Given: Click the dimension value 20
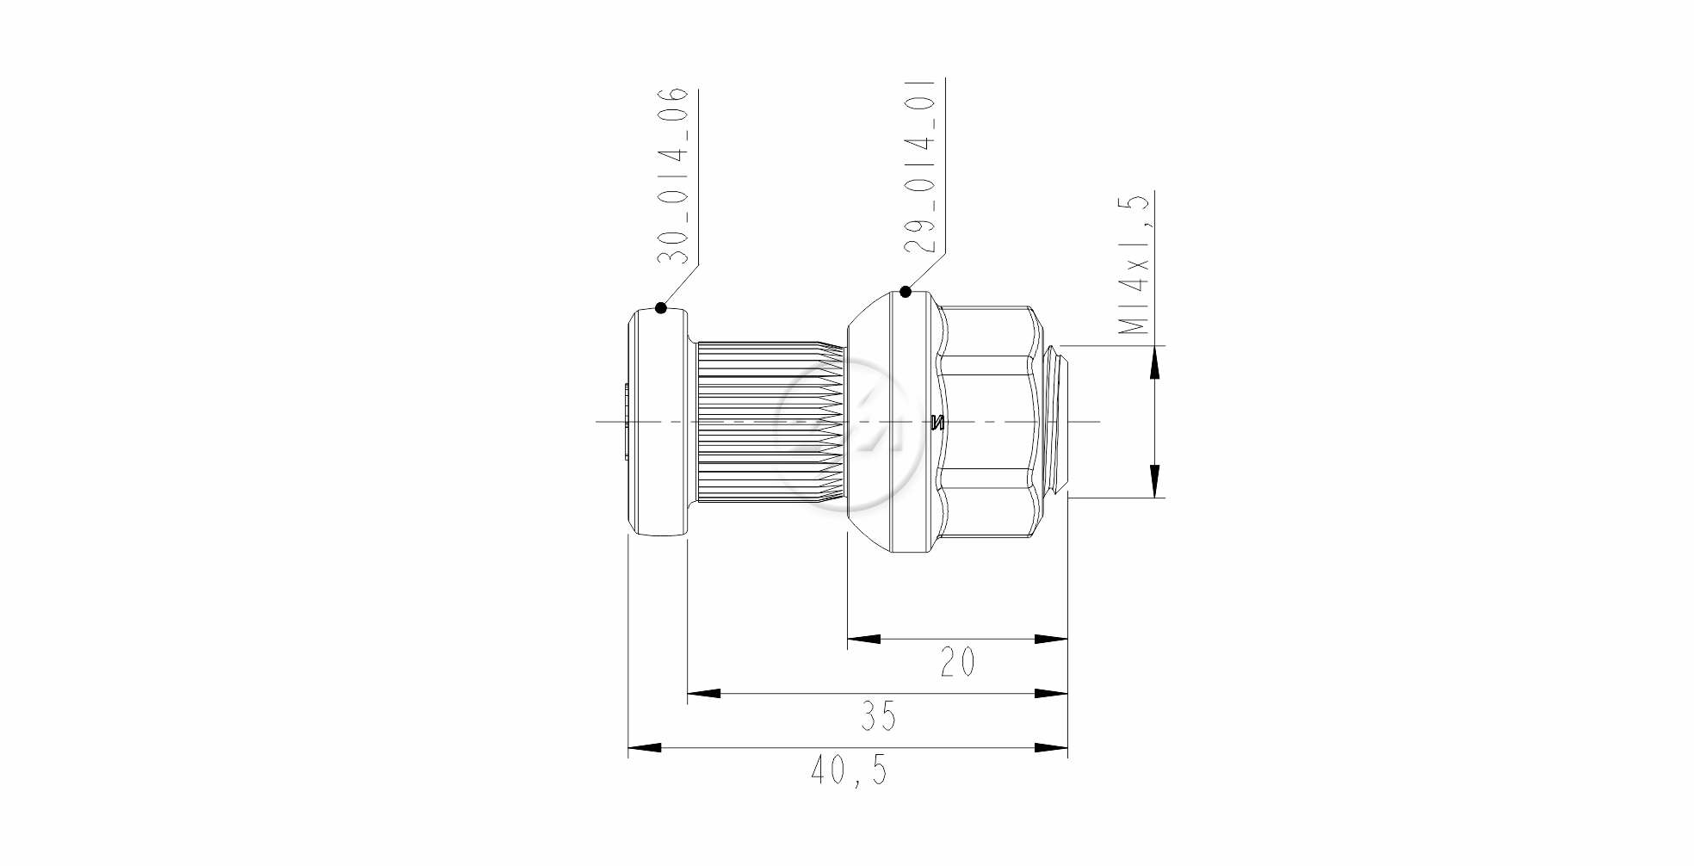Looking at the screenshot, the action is (957, 663).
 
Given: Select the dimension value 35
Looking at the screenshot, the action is (878, 716).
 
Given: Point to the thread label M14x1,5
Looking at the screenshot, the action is (1134, 264).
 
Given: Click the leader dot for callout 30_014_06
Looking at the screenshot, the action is (661, 307).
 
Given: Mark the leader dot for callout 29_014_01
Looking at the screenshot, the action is (906, 292).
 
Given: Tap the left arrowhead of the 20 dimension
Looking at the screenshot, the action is (864, 640).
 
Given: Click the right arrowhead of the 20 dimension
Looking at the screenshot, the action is (1051, 640).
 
